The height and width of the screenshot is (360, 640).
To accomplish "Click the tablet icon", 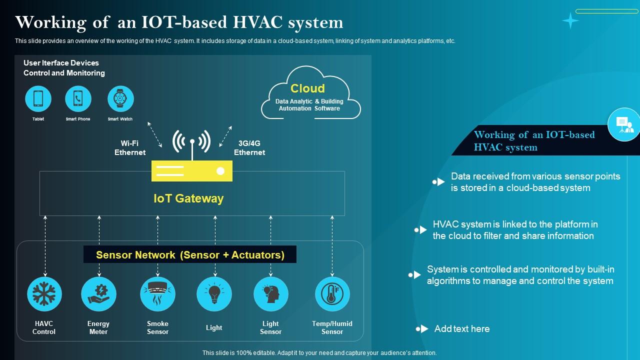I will pos(38,98).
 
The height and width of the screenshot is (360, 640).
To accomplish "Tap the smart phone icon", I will pos(78,98).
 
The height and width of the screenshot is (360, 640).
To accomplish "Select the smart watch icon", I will pos(120,98).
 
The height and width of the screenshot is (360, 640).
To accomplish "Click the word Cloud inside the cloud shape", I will pos(307,88).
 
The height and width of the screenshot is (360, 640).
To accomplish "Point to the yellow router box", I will pos(192,171).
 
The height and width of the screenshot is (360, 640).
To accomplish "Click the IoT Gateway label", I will pos(188,198).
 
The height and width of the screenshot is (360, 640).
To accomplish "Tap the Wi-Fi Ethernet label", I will pos(130,148).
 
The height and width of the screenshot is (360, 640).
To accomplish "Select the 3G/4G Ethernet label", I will pos(249,148).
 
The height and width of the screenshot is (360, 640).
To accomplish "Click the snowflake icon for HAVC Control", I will pos(44,294).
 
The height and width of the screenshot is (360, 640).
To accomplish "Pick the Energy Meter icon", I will pos(98,294).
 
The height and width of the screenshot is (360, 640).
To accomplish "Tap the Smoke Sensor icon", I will pos(157,294).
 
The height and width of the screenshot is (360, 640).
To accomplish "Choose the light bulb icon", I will pos(214,294).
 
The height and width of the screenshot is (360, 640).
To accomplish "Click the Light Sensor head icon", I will pos(270,294).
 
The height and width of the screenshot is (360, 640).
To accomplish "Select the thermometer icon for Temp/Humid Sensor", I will pos(332,294).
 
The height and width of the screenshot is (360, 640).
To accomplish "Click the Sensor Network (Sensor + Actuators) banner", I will pos(190,254).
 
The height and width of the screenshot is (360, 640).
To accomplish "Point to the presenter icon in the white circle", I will pos(624,124).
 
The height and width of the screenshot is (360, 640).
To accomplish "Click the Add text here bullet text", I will pos(462,329).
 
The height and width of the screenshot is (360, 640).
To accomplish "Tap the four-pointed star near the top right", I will pos(570,20).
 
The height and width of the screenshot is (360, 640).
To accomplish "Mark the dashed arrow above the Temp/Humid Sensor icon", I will pos(332,245).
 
